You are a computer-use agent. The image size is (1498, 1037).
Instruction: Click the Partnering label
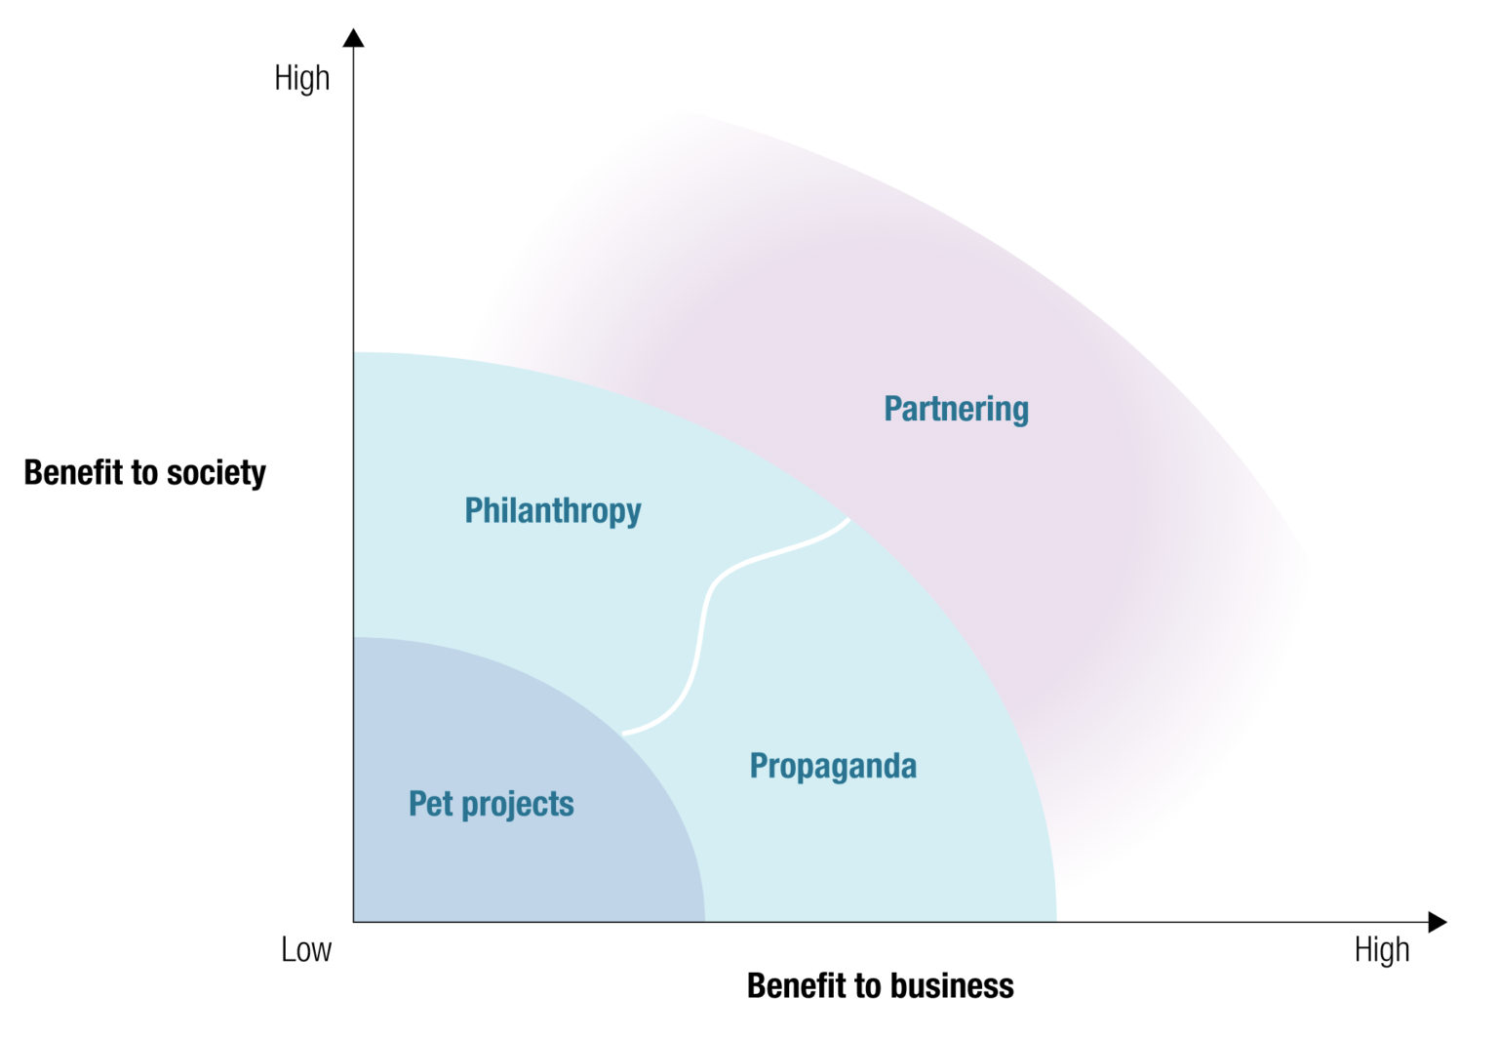coord(956,409)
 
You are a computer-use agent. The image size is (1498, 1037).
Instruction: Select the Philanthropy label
coord(552,510)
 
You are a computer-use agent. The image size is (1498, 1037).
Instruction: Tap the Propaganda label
coord(833,766)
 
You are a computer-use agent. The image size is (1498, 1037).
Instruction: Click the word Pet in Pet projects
coord(431,804)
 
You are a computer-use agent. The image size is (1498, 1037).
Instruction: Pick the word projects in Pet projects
coord(518,805)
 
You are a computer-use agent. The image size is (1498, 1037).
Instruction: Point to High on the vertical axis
coord(301,78)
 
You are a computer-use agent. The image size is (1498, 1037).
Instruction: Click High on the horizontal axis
coord(1382,949)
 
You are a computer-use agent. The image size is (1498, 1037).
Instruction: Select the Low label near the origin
coord(306,949)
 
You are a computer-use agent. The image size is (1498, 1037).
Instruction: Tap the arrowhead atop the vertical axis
coord(354,38)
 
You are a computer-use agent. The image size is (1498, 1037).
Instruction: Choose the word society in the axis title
coord(217,473)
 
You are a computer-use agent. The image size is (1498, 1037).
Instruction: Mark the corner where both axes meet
coord(354,922)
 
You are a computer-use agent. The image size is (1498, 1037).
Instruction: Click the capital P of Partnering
coord(892,409)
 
